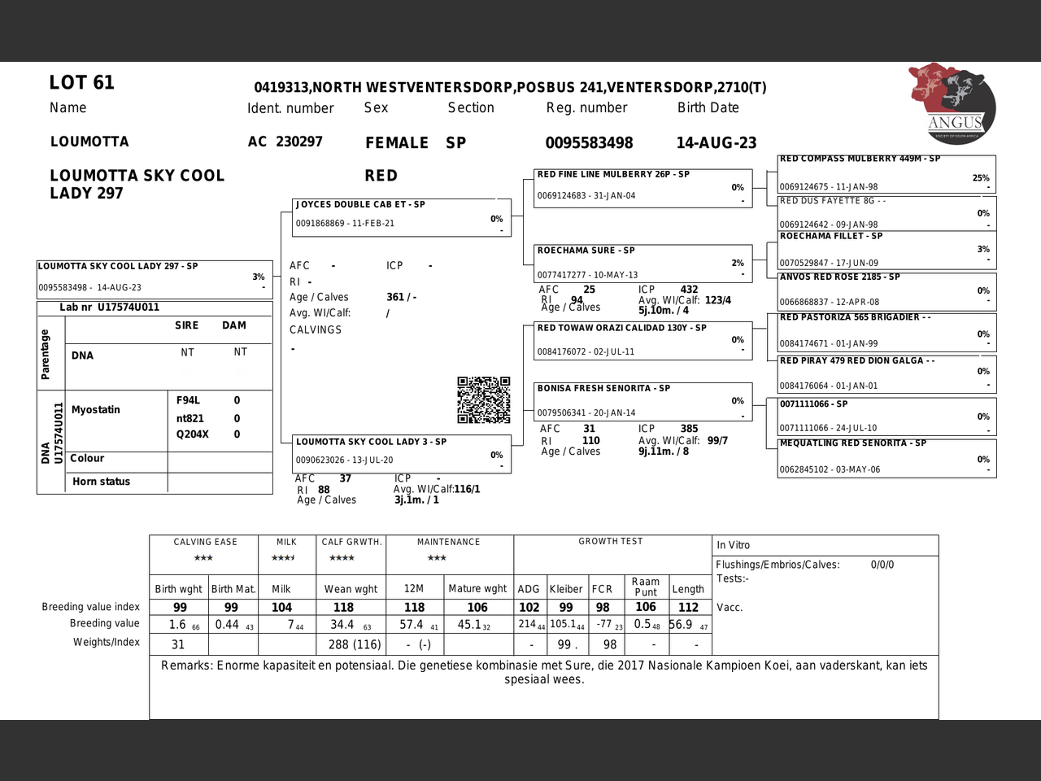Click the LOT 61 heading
pyautogui.click(x=81, y=83)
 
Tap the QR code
pyautogui.click(x=483, y=399)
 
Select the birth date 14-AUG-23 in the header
pyautogui.click(x=716, y=143)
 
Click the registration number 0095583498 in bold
pyautogui.click(x=589, y=143)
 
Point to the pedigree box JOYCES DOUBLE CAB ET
pyautogui.click(x=402, y=217)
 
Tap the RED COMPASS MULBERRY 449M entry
pyautogui.click(x=886, y=173)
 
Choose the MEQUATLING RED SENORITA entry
pyautogui.click(x=886, y=457)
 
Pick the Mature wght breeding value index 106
pyautogui.click(x=477, y=608)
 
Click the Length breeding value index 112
pyautogui.click(x=688, y=608)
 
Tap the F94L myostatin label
pyautogui.click(x=188, y=400)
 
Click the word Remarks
pyautogui.click(x=185, y=665)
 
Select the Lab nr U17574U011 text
pyautogui.click(x=109, y=308)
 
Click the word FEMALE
pyautogui.click(x=396, y=143)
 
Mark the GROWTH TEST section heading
pyautogui.click(x=610, y=542)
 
